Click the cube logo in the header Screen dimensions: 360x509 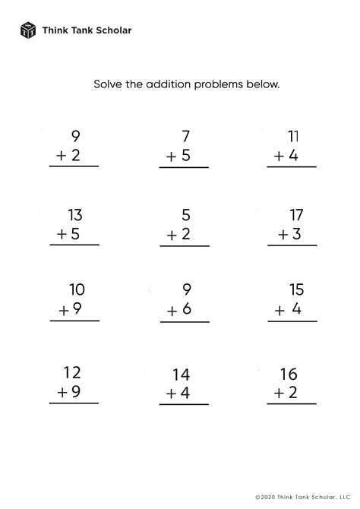(27, 30)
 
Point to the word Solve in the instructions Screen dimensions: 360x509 (109, 83)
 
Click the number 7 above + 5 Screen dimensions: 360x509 (185, 137)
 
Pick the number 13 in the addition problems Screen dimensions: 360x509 (74, 214)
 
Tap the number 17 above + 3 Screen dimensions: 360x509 (295, 214)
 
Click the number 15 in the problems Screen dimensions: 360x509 (295, 289)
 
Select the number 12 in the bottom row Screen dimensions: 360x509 (73, 373)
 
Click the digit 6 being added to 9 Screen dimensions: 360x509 (185, 309)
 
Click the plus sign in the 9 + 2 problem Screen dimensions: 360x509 (59, 157)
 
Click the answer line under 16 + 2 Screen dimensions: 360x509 (292, 404)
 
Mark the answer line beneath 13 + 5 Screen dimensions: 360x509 (74, 245)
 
